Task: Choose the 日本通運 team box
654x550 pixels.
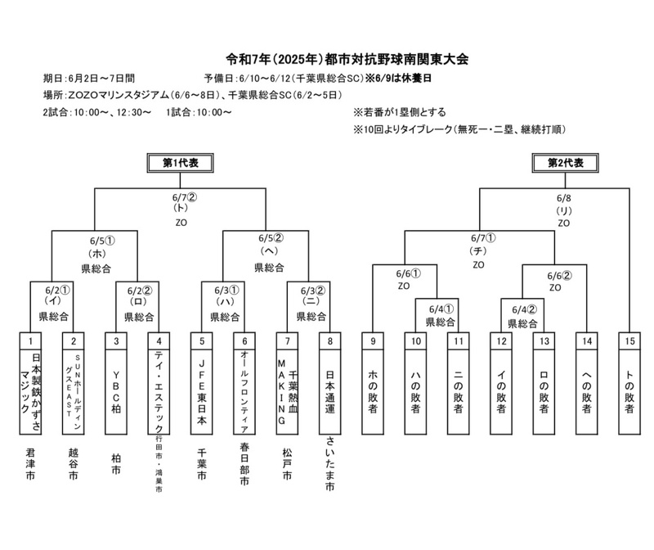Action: pyautogui.click(x=329, y=385)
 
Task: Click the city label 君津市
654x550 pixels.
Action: pyautogui.click(x=30, y=464)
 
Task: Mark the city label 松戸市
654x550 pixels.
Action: pyautogui.click(x=286, y=464)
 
